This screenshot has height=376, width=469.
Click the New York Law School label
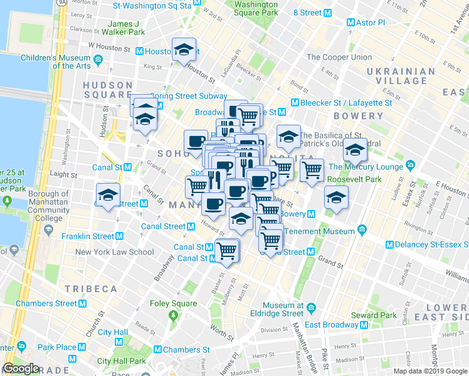(114, 253)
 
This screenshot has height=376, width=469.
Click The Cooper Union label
(339, 57)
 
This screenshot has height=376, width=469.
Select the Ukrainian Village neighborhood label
(397, 75)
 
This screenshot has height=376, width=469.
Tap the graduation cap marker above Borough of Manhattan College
(108, 196)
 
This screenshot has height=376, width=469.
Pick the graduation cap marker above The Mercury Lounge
(355, 150)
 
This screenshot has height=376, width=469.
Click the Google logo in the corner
(21, 368)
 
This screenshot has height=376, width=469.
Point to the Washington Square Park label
(256, 8)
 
